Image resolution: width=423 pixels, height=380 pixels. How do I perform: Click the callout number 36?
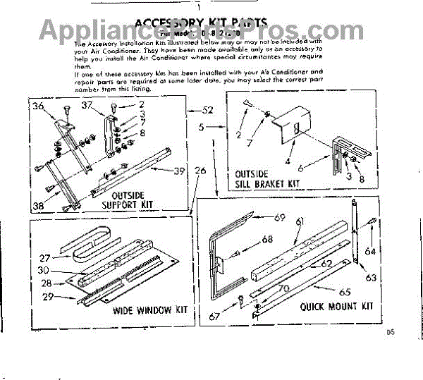(x=38, y=107)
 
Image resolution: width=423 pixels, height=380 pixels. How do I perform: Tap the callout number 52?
(x=207, y=110)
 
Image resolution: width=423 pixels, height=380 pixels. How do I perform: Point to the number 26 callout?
(x=200, y=171)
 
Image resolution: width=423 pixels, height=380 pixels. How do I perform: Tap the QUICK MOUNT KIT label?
(x=336, y=307)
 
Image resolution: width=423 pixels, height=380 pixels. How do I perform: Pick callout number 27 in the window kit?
(x=46, y=258)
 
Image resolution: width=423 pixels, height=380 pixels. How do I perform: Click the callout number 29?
(x=47, y=297)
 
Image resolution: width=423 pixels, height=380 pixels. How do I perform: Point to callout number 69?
(x=279, y=218)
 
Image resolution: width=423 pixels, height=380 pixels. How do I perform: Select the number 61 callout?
(x=299, y=222)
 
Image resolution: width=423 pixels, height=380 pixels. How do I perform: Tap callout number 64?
(x=370, y=250)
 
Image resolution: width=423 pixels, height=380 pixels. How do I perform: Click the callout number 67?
(x=234, y=318)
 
